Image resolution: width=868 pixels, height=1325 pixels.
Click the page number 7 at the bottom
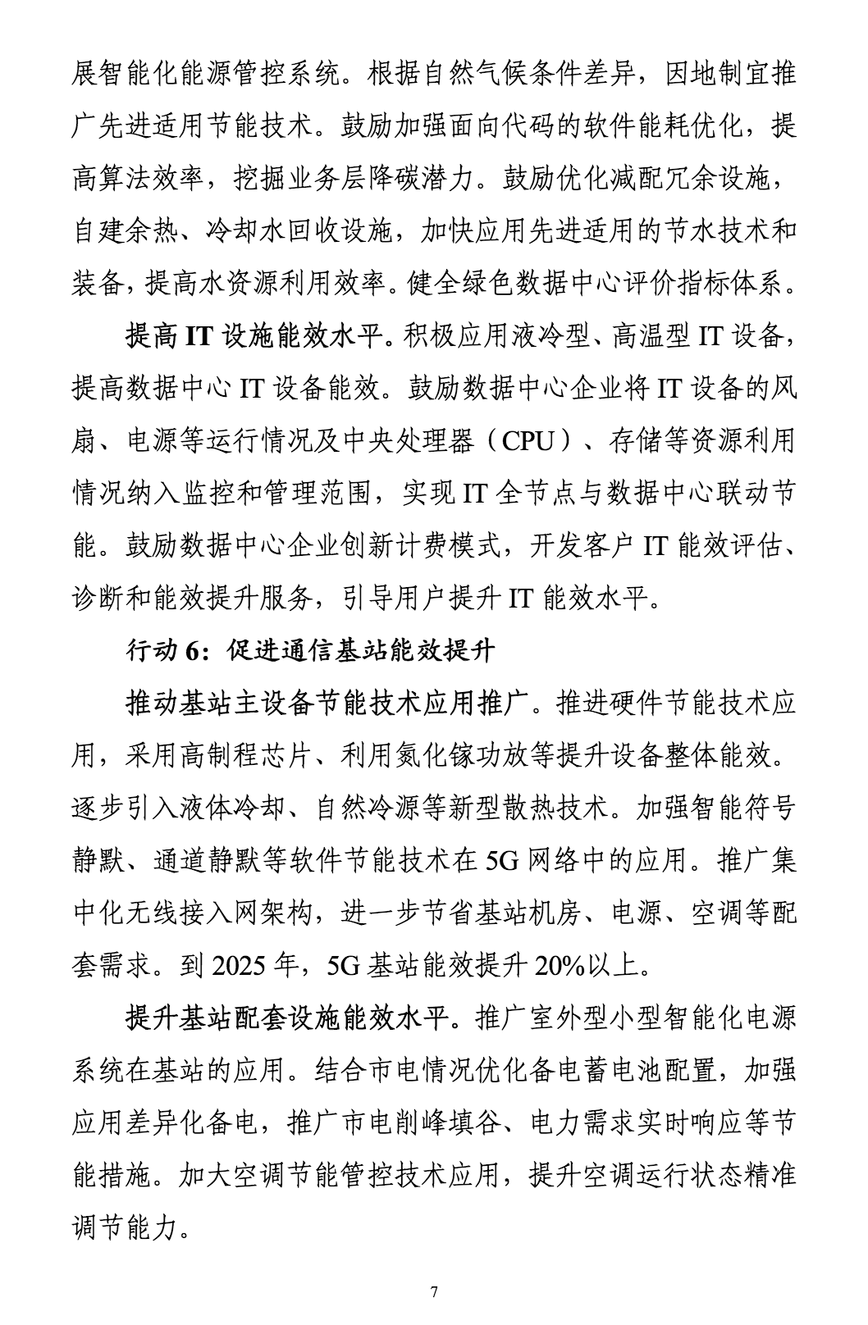pos(434,1293)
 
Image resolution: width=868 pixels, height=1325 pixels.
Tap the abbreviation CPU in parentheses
pos(528,442)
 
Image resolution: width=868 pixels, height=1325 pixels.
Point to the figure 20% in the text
pos(559,966)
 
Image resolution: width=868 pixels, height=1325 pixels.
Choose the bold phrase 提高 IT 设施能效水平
pos(257,337)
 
